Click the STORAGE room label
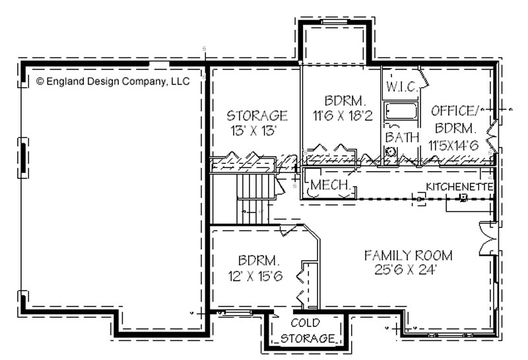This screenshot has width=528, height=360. pyautogui.click(x=257, y=116)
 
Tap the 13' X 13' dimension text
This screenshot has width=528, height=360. pyautogui.click(x=253, y=130)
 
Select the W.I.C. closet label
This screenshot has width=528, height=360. pyautogui.click(x=402, y=87)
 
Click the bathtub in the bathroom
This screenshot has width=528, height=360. pyautogui.click(x=401, y=110)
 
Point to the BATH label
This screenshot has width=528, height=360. pyautogui.click(x=402, y=137)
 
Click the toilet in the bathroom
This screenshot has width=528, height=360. pyautogui.click(x=391, y=152)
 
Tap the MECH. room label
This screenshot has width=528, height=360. pyautogui.click(x=330, y=185)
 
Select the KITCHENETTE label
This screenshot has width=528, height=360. pyautogui.click(x=459, y=187)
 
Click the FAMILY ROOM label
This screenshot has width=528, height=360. pyautogui.click(x=408, y=255)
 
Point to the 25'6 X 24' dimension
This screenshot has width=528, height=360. pyautogui.click(x=405, y=270)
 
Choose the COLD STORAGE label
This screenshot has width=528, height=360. pyautogui.click(x=307, y=331)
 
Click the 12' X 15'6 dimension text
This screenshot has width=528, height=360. pyautogui.click(x=255, y=276)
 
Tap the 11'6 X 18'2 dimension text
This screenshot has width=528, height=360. pyautogui.click(x=343, y=116)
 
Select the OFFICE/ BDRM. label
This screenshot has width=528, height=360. pyautogui.click(x=455, y=120)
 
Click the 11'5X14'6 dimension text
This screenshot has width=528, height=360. pyautogui.click(x=453, y=145)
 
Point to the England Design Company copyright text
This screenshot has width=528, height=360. pyautogui.click(x=113, y=81)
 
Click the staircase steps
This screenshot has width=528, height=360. pyautogui.click(x=253, y=199)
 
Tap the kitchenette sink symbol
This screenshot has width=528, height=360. pyautogui.click(x=464, y=198)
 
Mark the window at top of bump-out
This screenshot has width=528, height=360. pyautogui.click(x=334, y=22)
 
